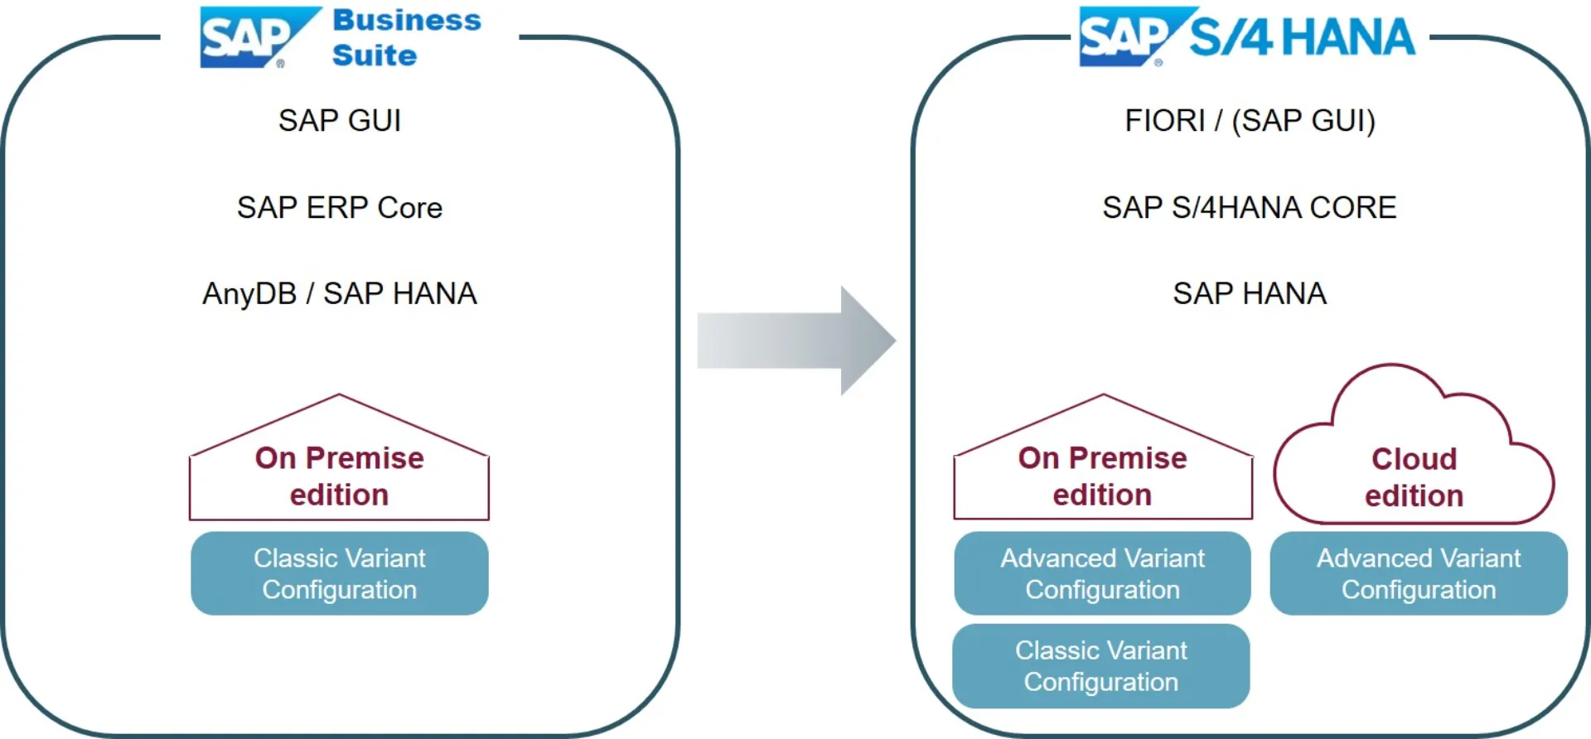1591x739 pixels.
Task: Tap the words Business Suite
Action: coord(406,37)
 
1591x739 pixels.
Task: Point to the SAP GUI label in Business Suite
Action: coord(340,121)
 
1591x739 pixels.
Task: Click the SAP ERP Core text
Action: coord(340,207)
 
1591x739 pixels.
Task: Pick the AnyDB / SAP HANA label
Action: coord(340,293)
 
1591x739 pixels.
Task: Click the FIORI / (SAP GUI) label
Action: coord(1250,121)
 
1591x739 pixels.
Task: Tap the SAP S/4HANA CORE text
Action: coord(1250,207)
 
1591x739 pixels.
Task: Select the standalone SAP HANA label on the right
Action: coord(1250,293)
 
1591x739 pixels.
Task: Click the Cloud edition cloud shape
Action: coord(1414,464)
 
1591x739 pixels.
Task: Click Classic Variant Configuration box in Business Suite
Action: coord(340,573)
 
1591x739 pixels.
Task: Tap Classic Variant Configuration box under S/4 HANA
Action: coord(1101,666)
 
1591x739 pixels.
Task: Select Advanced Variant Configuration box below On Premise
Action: coord(1103,573)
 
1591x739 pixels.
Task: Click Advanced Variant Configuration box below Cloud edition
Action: coord(1419,573)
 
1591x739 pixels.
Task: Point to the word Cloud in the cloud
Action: coord(1414,459)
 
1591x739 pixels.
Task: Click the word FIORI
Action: coord(1164,121)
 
